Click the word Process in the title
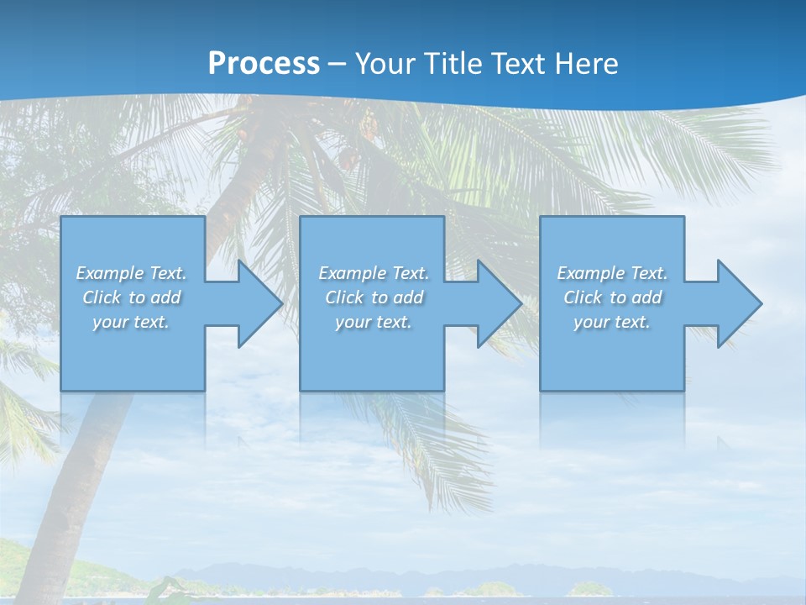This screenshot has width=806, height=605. coord(264,64)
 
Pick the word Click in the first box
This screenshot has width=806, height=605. coord(102,297)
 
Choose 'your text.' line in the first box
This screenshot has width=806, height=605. coord(131,322)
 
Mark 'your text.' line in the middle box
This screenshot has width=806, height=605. coord(373,322)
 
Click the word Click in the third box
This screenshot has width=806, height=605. coord(583,297)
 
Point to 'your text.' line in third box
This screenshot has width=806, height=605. coord(612,322)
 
